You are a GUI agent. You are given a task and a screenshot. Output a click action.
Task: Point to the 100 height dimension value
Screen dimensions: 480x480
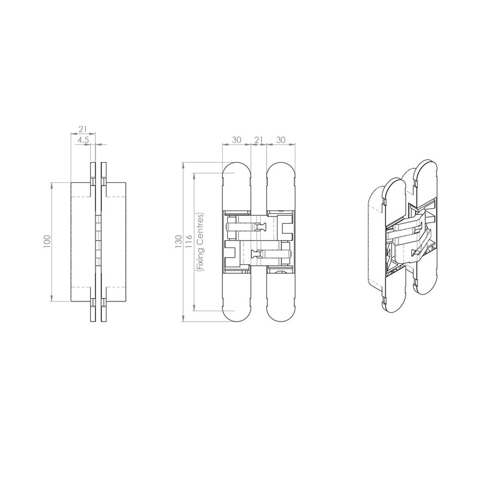click(47, 241)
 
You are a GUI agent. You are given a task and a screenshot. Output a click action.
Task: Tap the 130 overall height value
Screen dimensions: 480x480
click(178, 242)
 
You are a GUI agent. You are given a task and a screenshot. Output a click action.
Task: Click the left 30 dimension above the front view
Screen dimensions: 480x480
click(236, 139)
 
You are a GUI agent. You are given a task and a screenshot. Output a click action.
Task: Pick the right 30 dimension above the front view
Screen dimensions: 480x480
click(281, 139)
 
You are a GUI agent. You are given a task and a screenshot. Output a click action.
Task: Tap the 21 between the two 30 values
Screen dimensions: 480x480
click(259, 139)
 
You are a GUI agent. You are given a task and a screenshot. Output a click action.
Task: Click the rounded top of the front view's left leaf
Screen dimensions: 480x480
click(237, 172)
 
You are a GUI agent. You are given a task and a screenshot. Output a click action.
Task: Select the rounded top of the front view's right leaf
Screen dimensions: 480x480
click(280, 172)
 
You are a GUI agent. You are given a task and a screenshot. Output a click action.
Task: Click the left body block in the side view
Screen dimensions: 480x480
click(82, 241)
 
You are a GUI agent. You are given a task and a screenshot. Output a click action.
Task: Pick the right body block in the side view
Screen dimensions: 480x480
click(116, 241)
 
